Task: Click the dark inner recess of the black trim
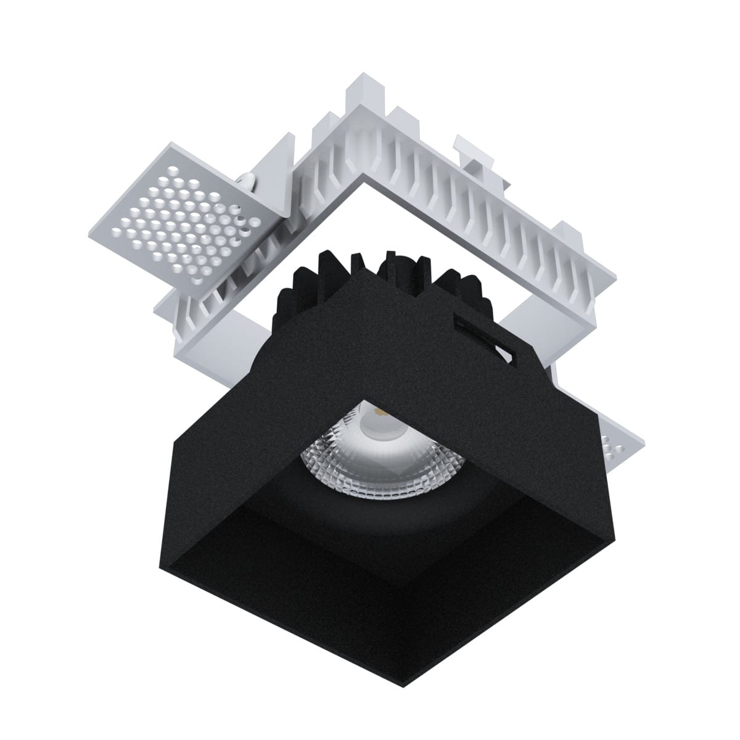382,555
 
